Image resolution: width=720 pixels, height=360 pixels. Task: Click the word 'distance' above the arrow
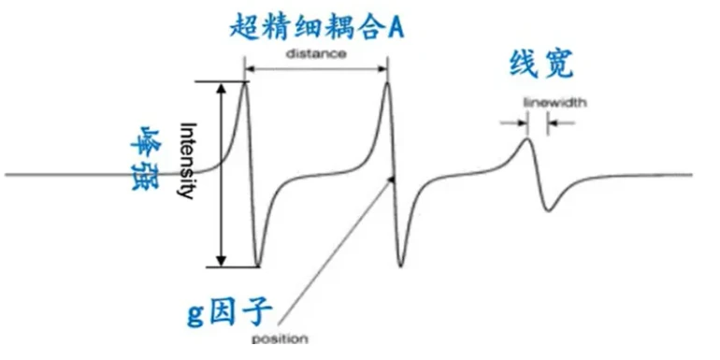[x=316, y=53]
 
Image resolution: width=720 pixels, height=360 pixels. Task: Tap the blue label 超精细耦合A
[x=317, y=26]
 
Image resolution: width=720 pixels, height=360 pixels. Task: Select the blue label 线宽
[x=541, y=65]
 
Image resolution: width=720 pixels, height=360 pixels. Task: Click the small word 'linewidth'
[x=554, y=103]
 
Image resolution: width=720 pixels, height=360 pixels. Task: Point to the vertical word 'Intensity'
[x=186, y=160]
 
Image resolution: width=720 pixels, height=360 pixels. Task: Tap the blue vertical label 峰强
[x=146, y=157]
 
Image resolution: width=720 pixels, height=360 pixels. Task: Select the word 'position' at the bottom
[x=280, y=339]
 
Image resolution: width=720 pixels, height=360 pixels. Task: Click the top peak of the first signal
[x=245, y=82]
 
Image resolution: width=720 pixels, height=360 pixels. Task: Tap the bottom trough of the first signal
[x=257, y=266]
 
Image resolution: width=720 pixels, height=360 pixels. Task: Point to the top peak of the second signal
[x=387, y=82]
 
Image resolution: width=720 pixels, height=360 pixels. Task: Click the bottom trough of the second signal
[x=400, y=266]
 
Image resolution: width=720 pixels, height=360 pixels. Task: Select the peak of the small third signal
[x=527, y=138]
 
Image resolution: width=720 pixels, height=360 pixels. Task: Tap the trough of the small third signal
[x=549, y=210]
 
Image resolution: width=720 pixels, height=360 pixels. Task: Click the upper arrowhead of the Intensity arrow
[x=222, y=88]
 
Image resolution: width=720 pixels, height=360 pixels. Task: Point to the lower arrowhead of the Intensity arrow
[x=222, y=260]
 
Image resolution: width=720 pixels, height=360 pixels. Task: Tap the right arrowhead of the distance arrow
[x=382, y=69]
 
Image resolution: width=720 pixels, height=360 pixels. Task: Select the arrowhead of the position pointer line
[x=391, y=180]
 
